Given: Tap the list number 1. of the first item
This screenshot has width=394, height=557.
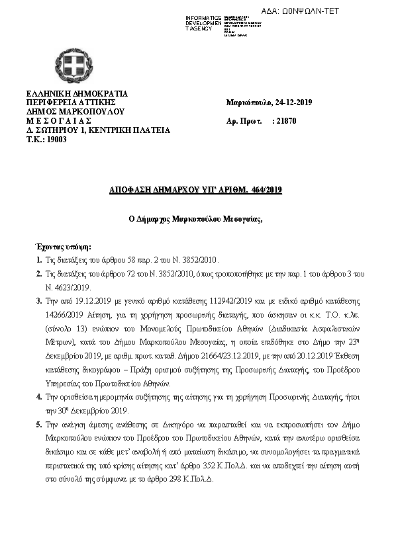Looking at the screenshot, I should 39,258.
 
